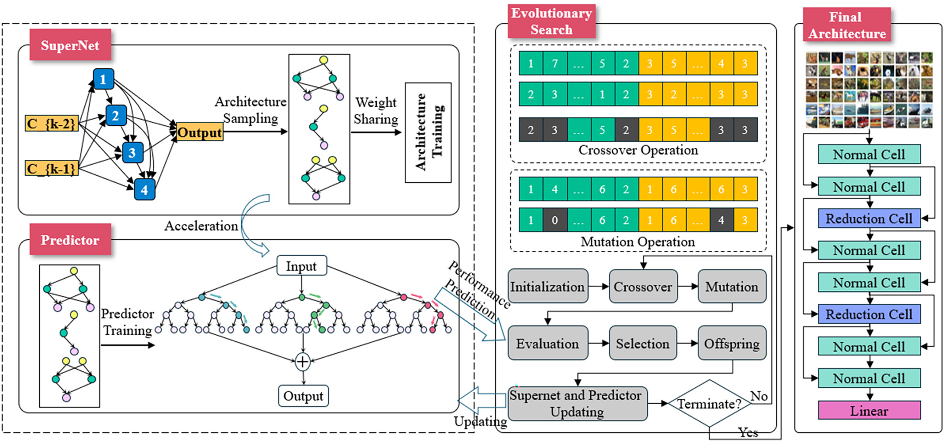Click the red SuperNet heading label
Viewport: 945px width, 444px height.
pos(70,45)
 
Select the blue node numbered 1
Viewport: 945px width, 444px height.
pos(103,79)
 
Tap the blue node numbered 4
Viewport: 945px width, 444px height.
pos(144,189)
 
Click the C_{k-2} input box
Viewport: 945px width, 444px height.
pos(51,124)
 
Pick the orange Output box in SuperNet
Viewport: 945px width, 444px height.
pos(199,132)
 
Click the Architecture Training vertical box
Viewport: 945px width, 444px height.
pos(428,132)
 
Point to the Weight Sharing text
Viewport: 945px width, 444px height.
pos(376,110)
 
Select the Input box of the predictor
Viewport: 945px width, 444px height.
pos(302,266)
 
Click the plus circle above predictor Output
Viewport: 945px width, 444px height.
pos(303,362)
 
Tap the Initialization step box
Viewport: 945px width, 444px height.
pos(548,286)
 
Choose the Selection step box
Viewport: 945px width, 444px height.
pos(643,343)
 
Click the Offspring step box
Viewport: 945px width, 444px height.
pos(732,343)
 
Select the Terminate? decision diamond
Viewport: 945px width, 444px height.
pos(709,403)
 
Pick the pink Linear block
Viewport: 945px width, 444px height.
pos(869,410)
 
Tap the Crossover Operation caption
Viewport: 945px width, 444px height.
pos(638,150)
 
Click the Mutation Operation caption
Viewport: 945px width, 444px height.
pos(637,241)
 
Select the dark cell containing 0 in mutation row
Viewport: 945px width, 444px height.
pos(555,220)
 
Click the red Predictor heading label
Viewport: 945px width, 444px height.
pos(70,240)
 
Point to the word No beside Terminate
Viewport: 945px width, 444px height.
pos(759,396)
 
